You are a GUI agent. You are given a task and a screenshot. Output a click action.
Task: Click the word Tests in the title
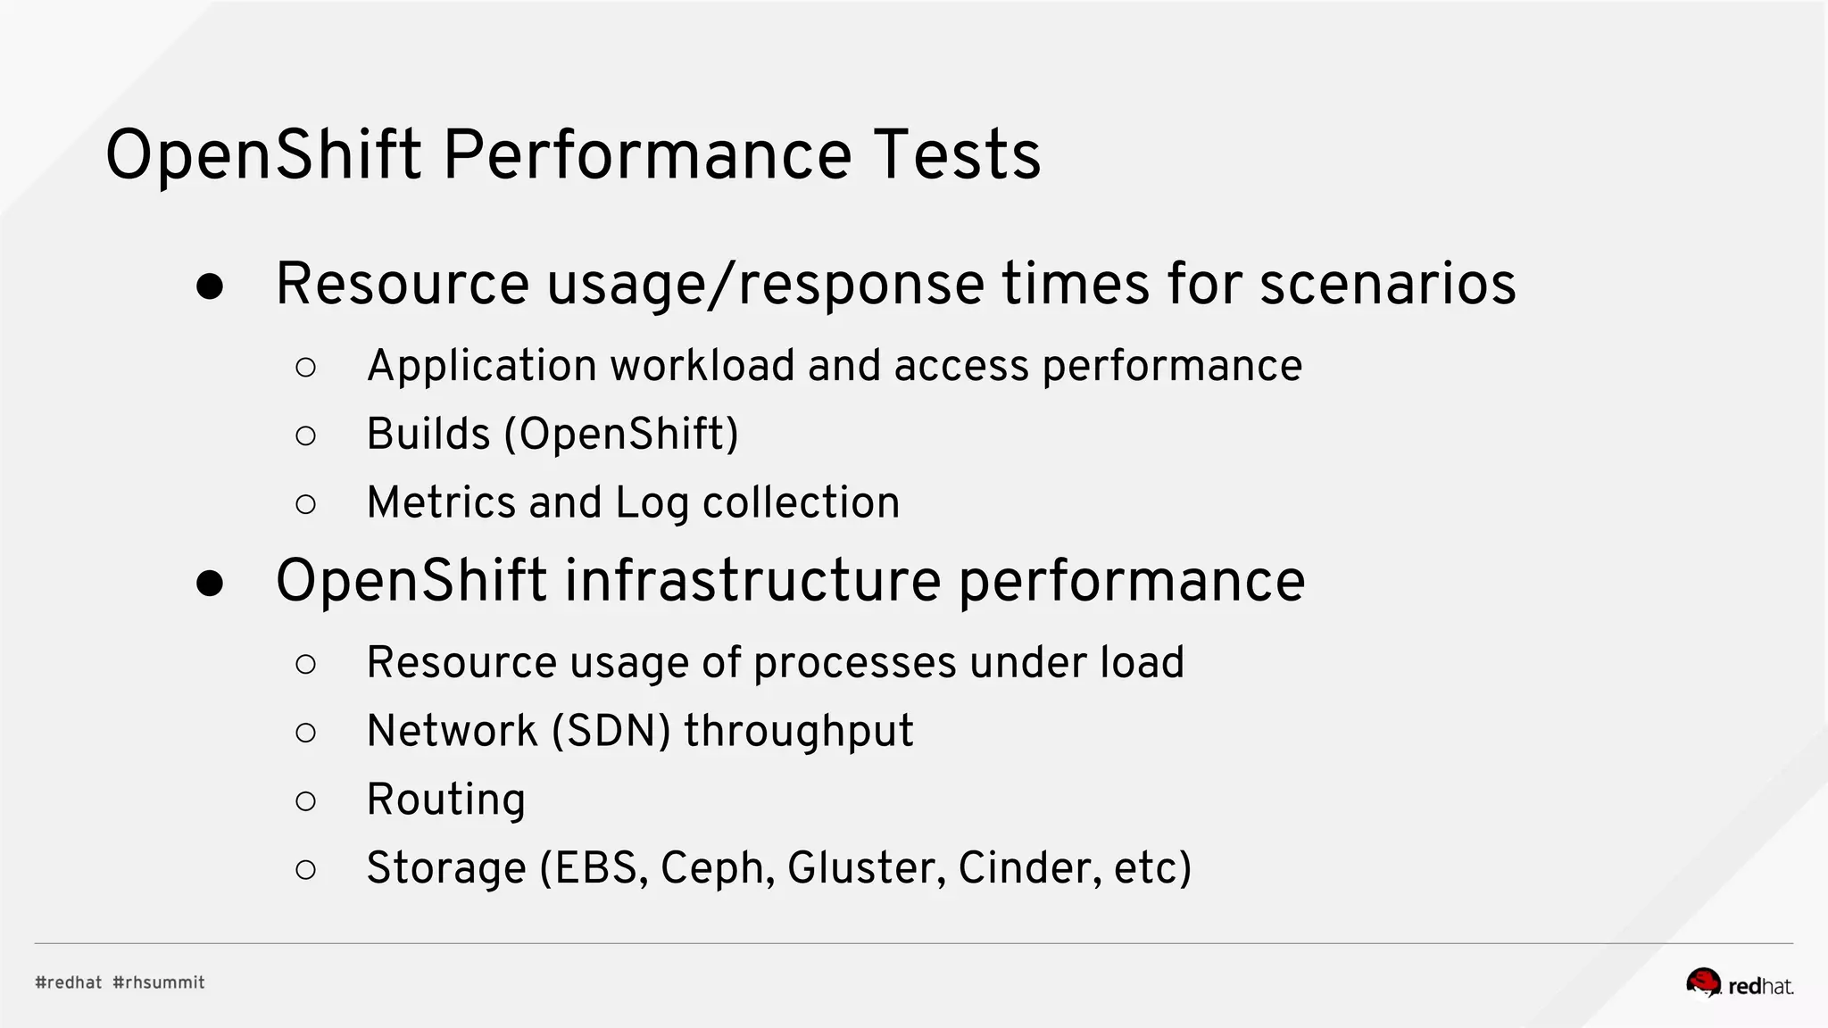tap(957, 155)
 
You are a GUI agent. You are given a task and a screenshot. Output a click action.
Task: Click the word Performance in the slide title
tap(647, 155)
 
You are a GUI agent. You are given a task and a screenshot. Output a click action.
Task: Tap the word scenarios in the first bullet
tap(1387, 285)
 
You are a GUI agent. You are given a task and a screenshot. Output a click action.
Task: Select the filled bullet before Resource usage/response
tap(210, 286)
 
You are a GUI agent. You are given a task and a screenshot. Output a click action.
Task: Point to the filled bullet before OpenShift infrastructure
tap(210, 584)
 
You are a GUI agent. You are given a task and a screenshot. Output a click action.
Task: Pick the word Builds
tap(428, 435)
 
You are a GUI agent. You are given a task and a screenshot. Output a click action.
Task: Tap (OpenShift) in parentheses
tap(621, 435)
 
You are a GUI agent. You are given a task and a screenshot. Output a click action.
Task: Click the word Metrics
tap(441, 502)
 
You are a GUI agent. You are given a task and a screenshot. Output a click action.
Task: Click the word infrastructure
tap(752, 581)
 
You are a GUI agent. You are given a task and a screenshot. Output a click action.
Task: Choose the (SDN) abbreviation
tap(611, 731)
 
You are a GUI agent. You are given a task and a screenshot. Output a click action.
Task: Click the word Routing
tap(445, 800)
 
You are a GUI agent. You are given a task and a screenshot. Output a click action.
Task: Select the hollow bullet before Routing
tap(305, 801)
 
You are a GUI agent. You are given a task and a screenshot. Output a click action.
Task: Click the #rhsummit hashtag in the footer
tap(159, 982)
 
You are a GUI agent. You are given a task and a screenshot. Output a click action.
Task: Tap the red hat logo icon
tap(1703, 982)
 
